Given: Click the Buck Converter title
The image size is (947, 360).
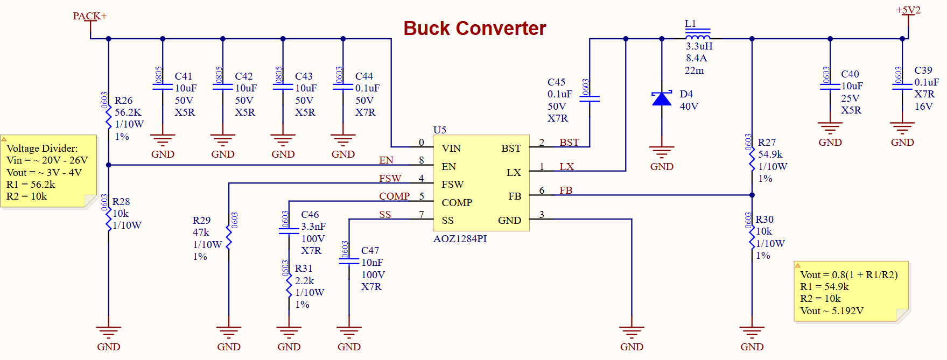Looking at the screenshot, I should [474, 28].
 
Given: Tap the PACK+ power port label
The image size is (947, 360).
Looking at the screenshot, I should [89, 16].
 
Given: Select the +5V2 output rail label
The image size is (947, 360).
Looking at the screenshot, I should [908, 10].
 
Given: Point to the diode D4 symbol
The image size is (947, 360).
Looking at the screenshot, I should [662, 98].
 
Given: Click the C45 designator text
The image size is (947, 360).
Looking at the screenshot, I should [556, 82].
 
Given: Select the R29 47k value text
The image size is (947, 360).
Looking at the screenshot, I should [201, 232].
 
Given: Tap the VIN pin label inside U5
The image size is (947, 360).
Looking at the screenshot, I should [451, 149].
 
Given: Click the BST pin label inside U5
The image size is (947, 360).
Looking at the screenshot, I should [511, 149].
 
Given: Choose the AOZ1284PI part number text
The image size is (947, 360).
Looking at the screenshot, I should [460, 239].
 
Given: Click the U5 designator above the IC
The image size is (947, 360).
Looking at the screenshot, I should [439, 130].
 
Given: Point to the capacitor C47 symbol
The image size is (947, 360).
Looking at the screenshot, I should [349, 261].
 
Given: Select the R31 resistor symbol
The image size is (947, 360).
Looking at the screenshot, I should [289, 286].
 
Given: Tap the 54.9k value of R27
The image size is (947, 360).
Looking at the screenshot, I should [770, 154].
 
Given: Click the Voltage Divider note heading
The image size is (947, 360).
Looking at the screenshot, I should [42, 149].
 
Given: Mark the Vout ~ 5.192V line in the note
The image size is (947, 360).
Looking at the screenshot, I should [831, 311].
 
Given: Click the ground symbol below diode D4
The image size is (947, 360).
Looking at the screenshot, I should [662, 152].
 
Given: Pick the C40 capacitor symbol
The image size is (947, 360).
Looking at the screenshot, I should [830, 87].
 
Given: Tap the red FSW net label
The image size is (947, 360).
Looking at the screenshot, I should [390, 178].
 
